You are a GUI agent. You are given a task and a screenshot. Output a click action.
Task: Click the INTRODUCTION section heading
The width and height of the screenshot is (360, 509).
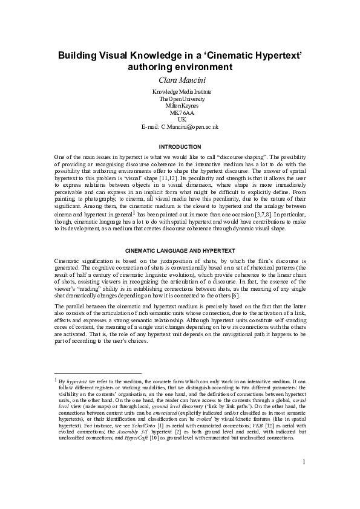(x=180, y=147)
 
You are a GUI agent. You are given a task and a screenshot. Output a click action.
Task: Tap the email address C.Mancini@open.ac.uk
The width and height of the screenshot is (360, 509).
(x=188, y=127)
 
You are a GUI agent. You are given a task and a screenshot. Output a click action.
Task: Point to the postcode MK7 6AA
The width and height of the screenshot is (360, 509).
(x=180, y=112)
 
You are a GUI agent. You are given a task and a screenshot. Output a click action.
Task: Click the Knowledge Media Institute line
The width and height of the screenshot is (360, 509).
(x=180, y=91)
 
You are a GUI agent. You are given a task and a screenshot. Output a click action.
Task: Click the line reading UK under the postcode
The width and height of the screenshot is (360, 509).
(x=180, y=120)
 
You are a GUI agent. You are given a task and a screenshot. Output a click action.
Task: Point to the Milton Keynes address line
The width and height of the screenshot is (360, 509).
(x=180, y=105)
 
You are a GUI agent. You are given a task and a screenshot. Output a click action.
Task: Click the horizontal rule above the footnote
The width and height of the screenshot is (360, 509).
(x=97, y=374)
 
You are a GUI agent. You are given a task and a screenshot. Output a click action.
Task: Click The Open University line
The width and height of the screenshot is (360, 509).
(x=180, y=99)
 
